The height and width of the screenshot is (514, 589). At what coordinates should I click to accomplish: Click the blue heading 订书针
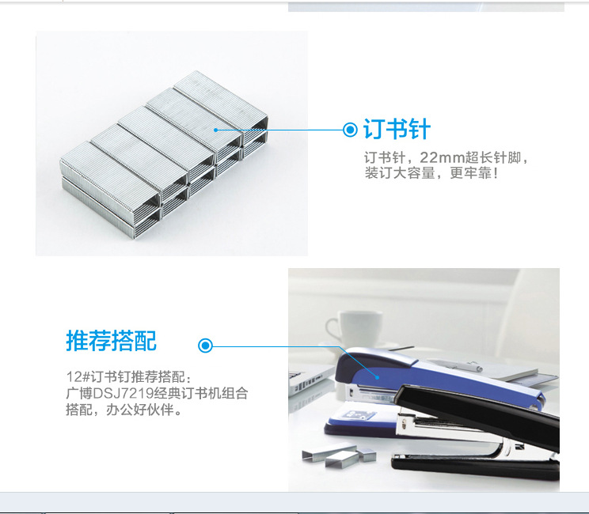click(x=397, y=129)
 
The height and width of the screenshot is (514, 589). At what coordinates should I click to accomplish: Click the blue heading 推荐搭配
click(x=111, y=341)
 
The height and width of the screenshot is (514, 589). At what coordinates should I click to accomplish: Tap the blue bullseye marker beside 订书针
click(x=350, y=130)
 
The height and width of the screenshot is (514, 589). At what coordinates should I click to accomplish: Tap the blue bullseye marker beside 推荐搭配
click(x=206, y=346)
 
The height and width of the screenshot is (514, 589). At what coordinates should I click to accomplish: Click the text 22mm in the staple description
click(x=442, y=157)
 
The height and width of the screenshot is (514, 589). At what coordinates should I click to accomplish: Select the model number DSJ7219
click(x=123, y=393)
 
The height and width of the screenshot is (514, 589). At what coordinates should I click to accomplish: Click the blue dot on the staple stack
click(x=215, y=130)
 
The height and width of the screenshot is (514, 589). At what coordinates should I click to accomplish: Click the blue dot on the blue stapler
click(x=378, y=376)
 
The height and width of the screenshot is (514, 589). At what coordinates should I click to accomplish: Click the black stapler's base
click(x=475, y=468)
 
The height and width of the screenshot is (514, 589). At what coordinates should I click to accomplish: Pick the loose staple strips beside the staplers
click(x=339, y=455)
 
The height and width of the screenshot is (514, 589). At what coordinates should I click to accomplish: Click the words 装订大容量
click(x=399, y=173)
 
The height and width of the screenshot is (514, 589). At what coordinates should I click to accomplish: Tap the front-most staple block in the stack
click(x=110, y=190)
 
